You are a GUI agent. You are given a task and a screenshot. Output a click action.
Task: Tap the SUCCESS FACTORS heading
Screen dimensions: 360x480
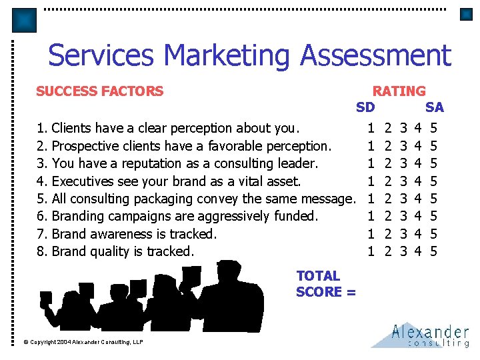point(99,91)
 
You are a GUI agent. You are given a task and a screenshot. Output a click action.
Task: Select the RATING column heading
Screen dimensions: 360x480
point(399,91)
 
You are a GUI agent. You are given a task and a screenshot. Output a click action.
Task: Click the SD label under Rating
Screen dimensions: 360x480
point(365,107)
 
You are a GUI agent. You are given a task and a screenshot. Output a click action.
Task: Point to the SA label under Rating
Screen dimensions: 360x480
point(434,107)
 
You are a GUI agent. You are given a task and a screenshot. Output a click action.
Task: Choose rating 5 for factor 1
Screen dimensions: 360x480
point(433,128)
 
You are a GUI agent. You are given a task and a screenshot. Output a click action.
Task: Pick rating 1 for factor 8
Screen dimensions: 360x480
point(371,251)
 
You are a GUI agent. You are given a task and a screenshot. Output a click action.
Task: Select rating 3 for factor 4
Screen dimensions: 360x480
point(403,181)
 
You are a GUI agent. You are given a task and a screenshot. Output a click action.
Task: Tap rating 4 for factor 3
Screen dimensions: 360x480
point(418,163)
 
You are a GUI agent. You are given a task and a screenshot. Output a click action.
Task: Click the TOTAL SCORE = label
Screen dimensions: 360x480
point(325,283)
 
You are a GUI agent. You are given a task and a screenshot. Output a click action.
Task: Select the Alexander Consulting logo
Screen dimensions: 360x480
point(421,335)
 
